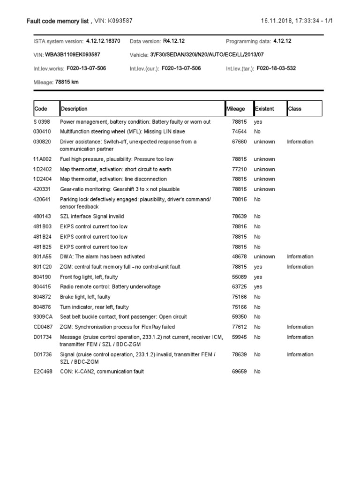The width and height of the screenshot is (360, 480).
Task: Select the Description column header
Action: pos(74,109)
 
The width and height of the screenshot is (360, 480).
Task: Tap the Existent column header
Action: pos(264,109)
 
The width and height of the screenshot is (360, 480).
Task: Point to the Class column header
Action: pos(295,109)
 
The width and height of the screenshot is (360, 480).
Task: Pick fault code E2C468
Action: pos(43,372)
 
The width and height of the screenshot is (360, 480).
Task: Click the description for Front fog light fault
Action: pos(89,277)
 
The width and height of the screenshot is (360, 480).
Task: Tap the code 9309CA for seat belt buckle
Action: pos(43,317)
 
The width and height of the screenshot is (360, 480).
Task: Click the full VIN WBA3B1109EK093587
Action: pos(73,55)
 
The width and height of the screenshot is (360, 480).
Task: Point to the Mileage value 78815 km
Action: pos(67,82)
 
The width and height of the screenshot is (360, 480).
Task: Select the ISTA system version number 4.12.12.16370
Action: pos(103,41)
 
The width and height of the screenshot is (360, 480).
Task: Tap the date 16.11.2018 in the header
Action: pos(276,21)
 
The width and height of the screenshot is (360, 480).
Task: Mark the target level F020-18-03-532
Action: pos(276,68)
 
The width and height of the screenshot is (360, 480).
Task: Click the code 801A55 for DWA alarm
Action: pos(43,257)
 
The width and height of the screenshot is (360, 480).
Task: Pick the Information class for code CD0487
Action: pos(300,327)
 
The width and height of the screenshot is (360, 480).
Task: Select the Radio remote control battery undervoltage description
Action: pos(110,287)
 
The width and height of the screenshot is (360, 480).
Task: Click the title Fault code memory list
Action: pos(58,21)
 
